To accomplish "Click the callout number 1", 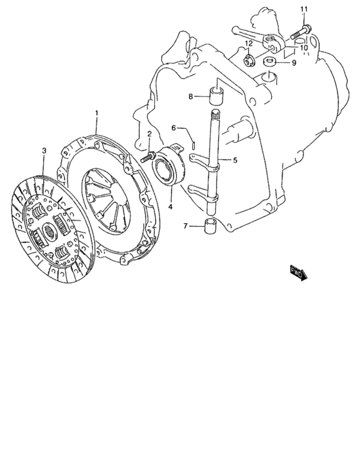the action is [96, 113].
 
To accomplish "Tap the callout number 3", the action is [44, 150].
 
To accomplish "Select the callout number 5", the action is [235, 160].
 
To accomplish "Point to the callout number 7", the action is [185, 226].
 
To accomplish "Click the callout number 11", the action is [303, 9].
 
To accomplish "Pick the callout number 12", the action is [249, 44].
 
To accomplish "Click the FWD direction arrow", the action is [298, 273].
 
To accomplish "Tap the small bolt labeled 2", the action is [148, 157].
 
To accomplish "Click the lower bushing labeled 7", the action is [210, 225].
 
